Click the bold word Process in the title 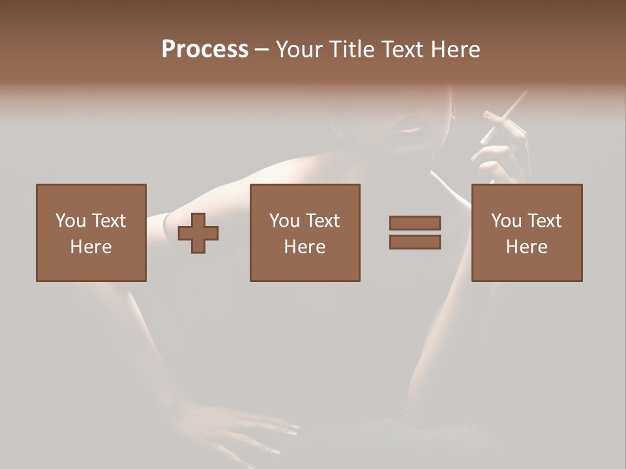pos(205,50)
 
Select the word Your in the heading pos(299,50)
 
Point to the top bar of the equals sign pos(415,223)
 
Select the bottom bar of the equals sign pos(415,242)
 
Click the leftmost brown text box pos(91,233)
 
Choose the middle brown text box pos(305,233)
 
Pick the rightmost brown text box pos(526,233)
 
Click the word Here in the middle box pos(305,247)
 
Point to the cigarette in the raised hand pos(503,117)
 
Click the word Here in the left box pos(91,247)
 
